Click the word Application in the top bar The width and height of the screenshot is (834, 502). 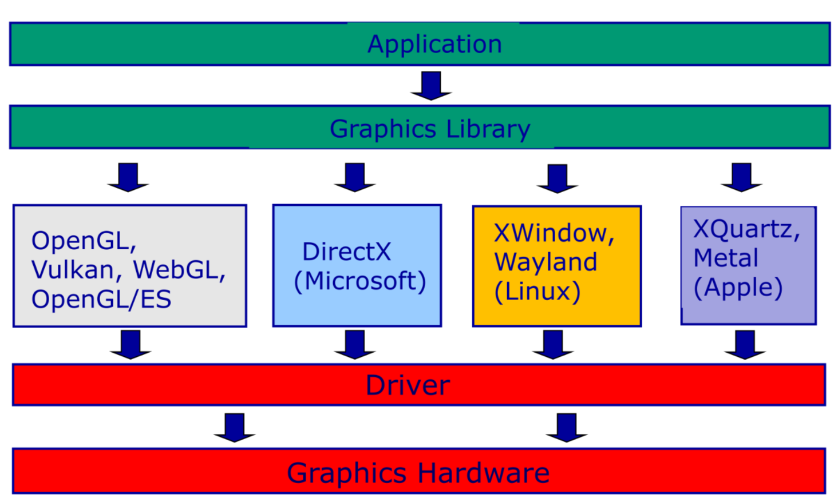point(434,45)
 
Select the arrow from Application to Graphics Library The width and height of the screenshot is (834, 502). point(431,86)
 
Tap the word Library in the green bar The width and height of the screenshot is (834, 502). point(488,129)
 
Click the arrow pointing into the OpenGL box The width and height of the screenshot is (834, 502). point(128,177)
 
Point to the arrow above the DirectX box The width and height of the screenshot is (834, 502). point(355,177)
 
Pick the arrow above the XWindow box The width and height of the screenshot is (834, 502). point(558,178)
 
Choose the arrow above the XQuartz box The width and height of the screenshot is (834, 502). point(742,177)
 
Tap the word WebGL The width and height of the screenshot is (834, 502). point(179,269)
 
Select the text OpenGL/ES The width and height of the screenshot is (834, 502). point(101,299)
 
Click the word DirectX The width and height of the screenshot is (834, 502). point(347,252)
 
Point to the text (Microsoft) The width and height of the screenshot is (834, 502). point(359,281)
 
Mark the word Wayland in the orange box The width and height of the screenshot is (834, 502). point(546,262)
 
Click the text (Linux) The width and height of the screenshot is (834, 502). point(537,291)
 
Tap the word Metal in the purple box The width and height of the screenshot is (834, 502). point(726,258)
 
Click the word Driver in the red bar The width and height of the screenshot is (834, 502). point(408,385)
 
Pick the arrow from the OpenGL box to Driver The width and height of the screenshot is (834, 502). point(131,344)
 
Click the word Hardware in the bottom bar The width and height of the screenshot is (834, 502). point(483,473)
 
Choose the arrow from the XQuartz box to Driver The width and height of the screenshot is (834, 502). point(745,345)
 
